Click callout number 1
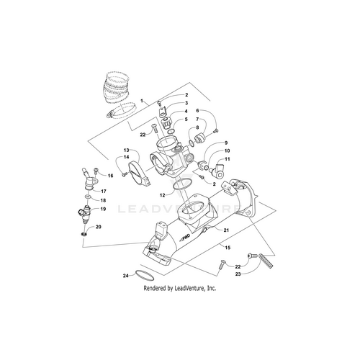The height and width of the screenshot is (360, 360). click(142, 101)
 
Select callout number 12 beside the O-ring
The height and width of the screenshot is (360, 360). click(163, 195)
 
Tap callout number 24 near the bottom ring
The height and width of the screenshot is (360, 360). click(126, 276)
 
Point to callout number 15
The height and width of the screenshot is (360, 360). click(228, 248)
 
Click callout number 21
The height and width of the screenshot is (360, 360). click(226, 230)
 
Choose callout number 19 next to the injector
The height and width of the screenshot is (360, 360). click(103, 209)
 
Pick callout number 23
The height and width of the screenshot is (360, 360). click(238, 274)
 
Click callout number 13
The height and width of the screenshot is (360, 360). click(126, 150)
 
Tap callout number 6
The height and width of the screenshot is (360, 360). click(197, 110)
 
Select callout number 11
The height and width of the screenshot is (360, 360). click(228, 159)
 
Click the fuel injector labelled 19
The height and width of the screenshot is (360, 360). click(85, 214)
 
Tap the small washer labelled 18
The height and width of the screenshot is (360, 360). click(88, 197)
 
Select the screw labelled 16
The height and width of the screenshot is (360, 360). click(96, 171)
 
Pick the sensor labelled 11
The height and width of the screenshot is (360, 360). click(218, 170)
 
